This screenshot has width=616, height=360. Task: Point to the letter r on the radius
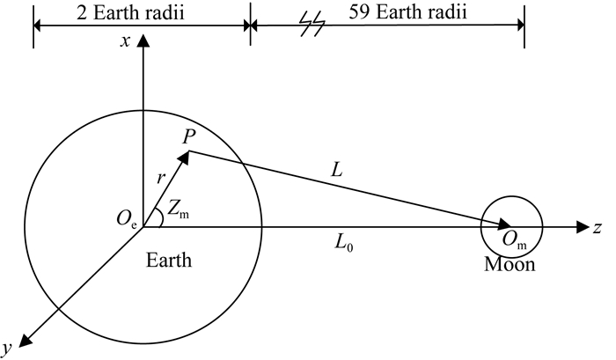click(161, 178)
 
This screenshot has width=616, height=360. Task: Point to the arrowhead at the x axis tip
click(142, 42)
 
